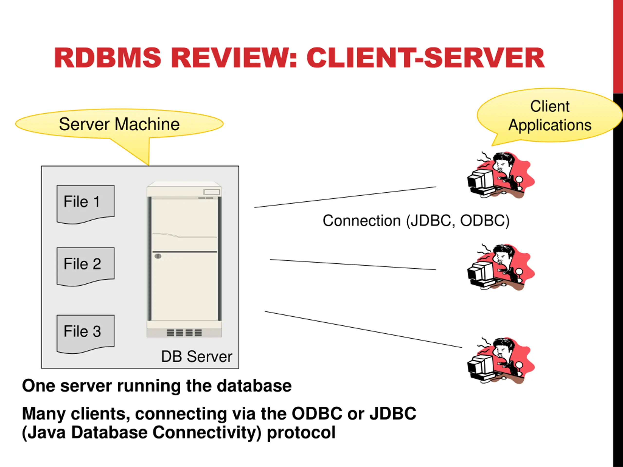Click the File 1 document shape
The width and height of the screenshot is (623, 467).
[x=86, y=204]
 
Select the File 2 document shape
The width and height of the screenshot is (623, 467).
[x=86, y=266]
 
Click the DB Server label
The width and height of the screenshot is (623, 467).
[x=197, y=356]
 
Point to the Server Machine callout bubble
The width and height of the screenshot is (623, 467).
[x=119, y=124]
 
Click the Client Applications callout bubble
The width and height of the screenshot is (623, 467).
[x=549, y=116]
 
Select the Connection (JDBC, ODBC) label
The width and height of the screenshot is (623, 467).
[x=416, y=220]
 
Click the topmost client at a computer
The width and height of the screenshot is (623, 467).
[x=501, y=175]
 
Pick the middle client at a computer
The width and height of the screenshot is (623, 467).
[x=501, y=267]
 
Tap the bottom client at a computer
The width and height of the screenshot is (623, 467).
[x=501, y=360]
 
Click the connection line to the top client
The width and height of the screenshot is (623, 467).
[x=345, y=197]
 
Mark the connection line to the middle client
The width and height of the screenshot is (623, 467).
[x=353, y=265]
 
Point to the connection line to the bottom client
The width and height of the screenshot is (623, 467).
[x=363, y=329]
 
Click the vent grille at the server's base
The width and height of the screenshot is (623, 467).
[x=184, y=333]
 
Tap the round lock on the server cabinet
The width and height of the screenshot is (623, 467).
[x=158, y=256]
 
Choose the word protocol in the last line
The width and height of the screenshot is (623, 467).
[x=301, y=433]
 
